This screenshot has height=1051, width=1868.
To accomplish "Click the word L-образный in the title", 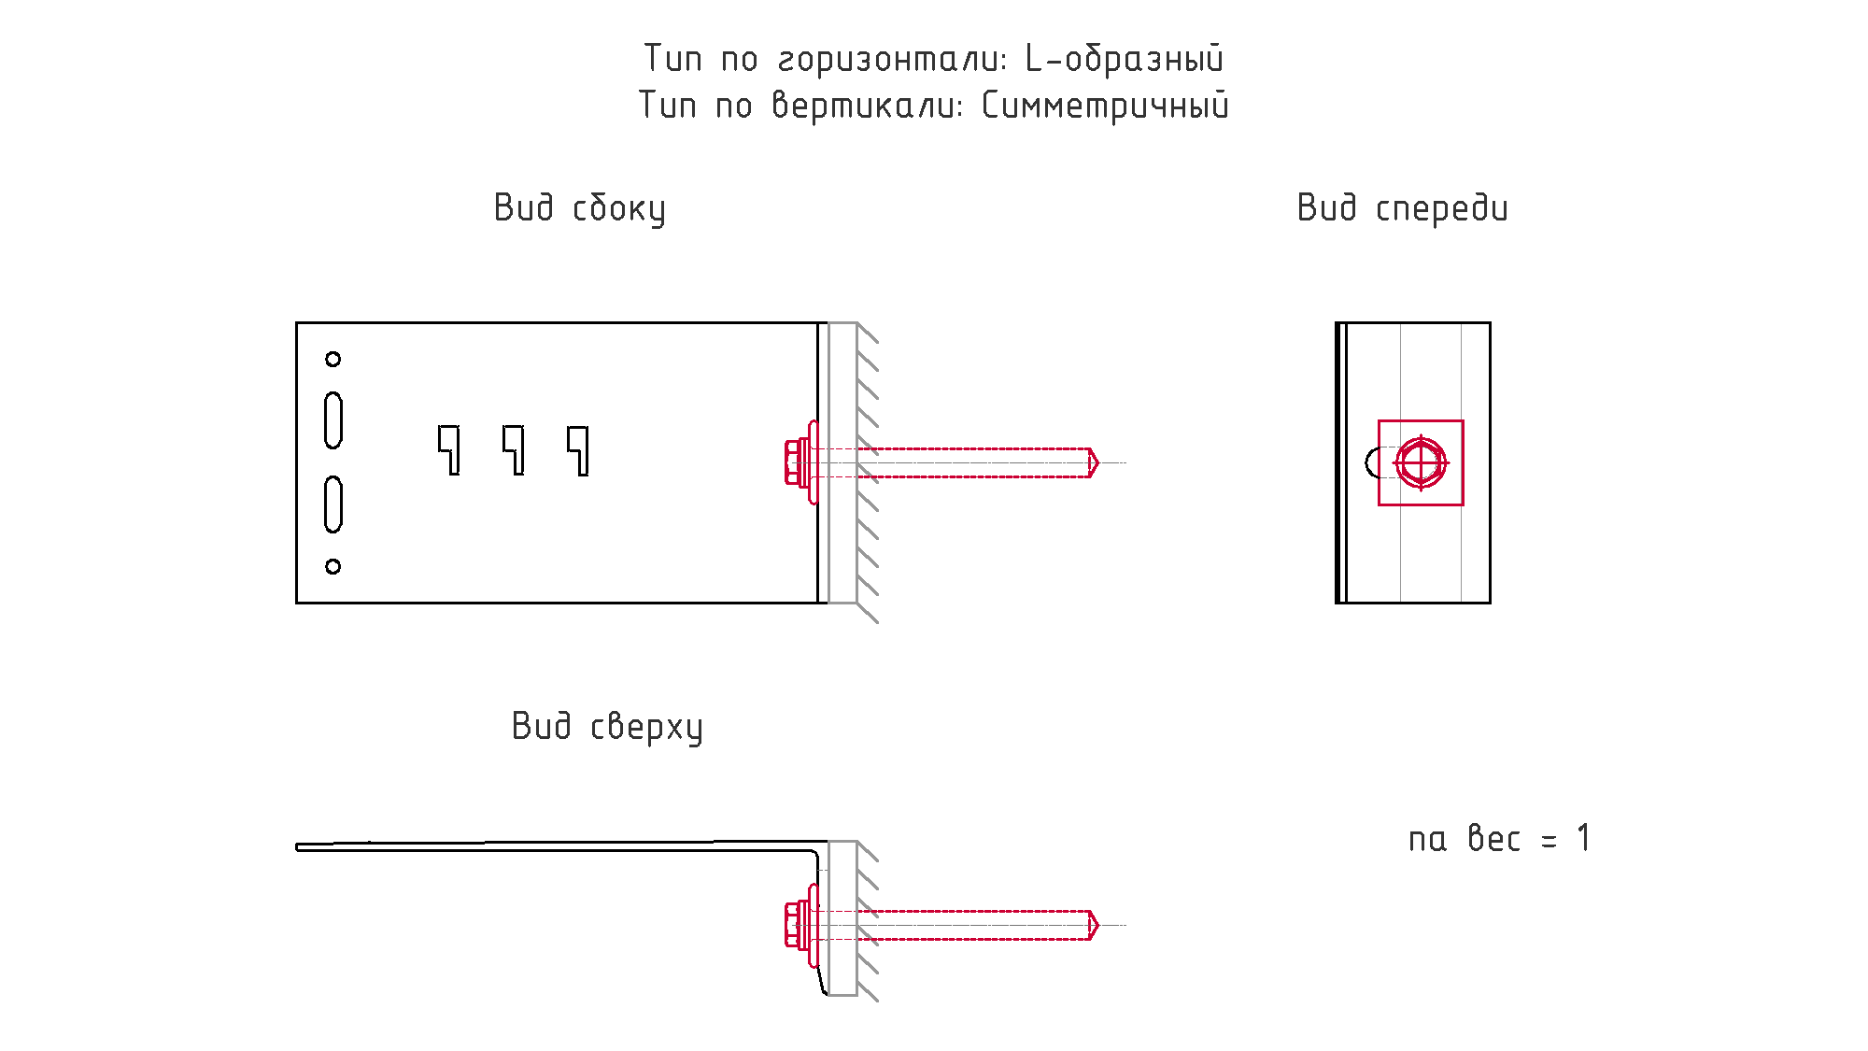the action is (1125, 59).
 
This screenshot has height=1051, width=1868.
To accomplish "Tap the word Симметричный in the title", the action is (1105, 106).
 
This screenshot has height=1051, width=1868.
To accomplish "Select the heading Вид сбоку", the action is (580, 208).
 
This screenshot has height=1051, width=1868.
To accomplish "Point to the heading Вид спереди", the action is (1402, 208).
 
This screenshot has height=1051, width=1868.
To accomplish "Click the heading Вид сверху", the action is (607, 727).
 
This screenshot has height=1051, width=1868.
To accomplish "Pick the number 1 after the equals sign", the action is (1583, 838).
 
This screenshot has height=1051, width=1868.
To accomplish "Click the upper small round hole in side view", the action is (333, 359).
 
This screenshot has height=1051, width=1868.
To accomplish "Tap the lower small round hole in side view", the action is (333, 566).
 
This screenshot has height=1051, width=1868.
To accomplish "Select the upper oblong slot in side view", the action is (333, 420).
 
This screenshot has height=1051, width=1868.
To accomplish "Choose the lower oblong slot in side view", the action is (333, 504).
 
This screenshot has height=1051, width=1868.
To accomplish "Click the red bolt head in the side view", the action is (797, 462).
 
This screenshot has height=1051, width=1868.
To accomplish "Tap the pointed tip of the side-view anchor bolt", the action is (1098, 462).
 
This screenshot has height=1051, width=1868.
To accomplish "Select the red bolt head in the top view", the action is (797, 925).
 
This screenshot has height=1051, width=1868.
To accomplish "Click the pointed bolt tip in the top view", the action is (1098, 925).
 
